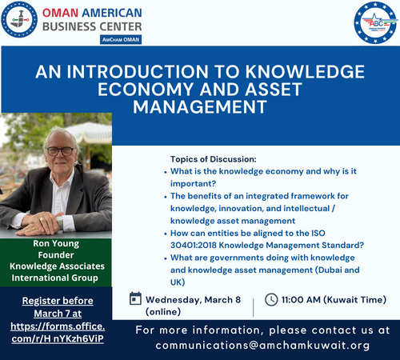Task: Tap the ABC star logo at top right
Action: pyautogui.click(x=374, y=23)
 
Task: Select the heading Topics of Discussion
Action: pyautogui.click(x=213, y=158)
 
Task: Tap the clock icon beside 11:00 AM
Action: pyautogui.click(x=270, y=299)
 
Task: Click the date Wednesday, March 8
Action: pyautogui.click(x=192, y=299)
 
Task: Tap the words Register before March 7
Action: pyautogui.click(x=55, y=308)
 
